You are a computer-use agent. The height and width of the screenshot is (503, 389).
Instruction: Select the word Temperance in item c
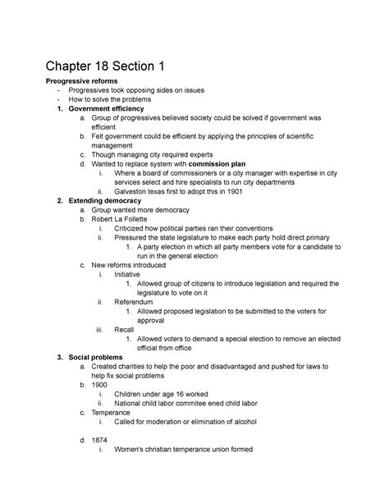tap(114, 413)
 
